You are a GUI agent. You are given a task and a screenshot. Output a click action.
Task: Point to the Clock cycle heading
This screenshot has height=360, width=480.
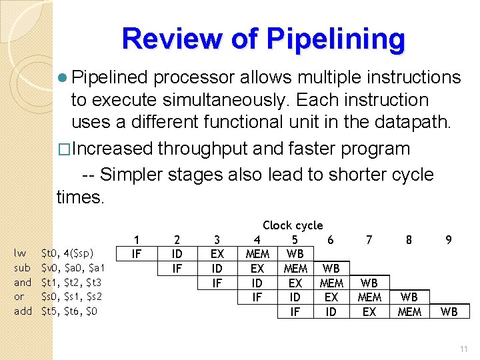point(293,225)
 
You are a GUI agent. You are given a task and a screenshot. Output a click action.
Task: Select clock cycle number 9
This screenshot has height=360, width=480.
point(449,239)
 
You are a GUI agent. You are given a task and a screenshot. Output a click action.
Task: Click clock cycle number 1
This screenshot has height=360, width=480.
point(136,239)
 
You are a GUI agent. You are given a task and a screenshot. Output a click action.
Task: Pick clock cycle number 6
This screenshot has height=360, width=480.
point(331,239)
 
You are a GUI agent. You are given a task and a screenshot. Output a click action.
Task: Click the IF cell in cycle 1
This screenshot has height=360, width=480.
point(136,253)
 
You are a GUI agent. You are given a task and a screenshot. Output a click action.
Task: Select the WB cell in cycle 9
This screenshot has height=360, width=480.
point(449,311)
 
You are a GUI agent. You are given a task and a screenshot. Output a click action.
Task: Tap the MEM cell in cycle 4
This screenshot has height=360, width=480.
point(257,253)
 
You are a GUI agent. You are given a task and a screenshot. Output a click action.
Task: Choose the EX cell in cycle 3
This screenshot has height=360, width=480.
point(217,253)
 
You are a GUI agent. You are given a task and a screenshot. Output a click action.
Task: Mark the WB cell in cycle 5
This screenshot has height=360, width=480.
point(295,253)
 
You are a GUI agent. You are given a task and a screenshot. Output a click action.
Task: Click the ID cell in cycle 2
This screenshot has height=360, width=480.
point(177,253)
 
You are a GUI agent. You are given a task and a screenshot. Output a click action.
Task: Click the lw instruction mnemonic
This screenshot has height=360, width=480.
point(21,253)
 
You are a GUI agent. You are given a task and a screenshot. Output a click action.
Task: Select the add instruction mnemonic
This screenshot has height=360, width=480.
point(23,311)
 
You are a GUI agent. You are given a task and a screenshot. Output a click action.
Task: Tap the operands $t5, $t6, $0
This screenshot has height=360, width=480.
point(69,311)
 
